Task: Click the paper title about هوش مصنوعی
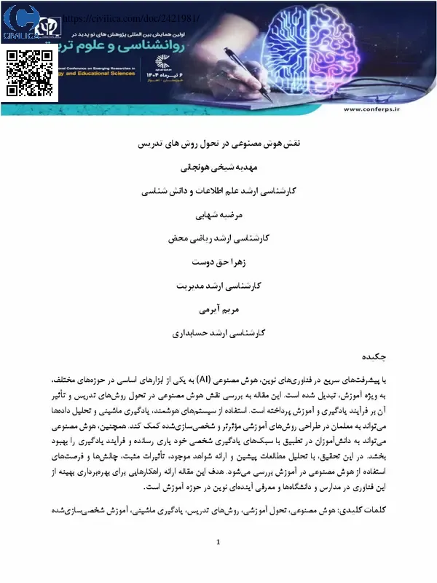click(x=218, y=144)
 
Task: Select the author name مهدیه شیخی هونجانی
click(x=218, y=168)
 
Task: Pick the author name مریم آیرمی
click(x=218, y=310)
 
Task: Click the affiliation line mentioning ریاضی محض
click(x=218, y=239)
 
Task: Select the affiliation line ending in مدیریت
click(x=218, y=286)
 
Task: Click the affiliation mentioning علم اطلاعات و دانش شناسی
click(x=218, y=192)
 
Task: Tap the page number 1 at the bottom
click(x=218, y=562)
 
